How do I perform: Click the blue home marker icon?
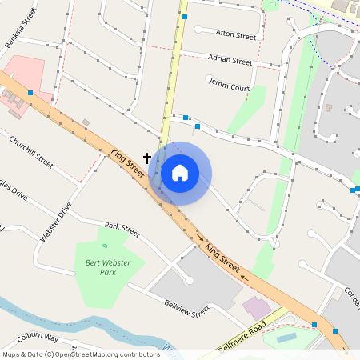coord(180,173)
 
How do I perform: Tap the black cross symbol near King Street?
coord(147,158)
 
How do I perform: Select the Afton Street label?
coord(236,36)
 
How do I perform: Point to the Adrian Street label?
coord(230,60)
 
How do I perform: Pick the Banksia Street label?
coord(22,30)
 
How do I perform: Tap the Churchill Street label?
coord(31,151)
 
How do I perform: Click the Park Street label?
coord(122,230)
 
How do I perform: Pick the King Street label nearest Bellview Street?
coord(222,257)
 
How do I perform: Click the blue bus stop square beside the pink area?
coord(30,94)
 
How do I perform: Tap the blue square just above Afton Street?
coord(185,16)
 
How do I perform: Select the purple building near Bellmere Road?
coord(257,308)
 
